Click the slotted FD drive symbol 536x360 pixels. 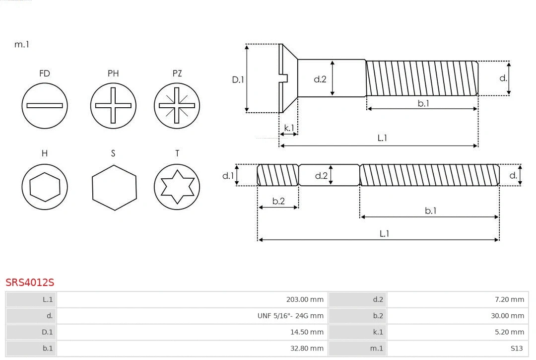pos(45,105)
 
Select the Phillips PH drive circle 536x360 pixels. pos(113,105)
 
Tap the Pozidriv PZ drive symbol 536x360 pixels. pos(177,105)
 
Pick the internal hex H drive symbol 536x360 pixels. pos(45,187)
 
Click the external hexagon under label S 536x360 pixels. pos(114,187)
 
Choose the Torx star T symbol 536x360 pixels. pos(177,187)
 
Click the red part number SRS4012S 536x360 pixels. pos(30,282)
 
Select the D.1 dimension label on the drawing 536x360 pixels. pos(238,79)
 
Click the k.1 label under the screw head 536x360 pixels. pos(288,128)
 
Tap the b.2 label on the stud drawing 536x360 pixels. pos(278,201)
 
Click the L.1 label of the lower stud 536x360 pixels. pos(384,233)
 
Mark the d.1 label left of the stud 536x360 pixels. pos(227,175)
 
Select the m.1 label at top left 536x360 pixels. pos(22,44)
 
